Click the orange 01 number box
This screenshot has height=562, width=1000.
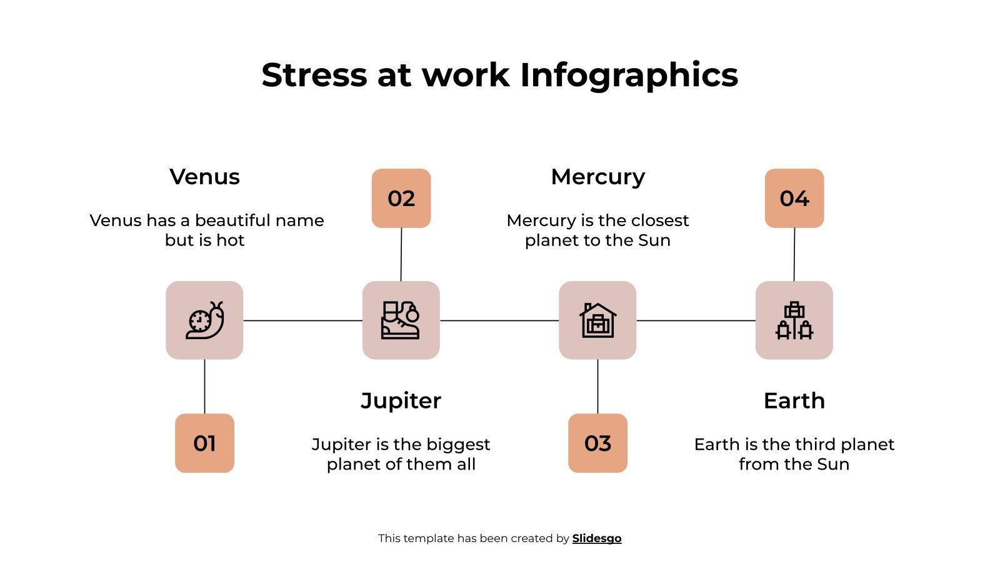(204, 443)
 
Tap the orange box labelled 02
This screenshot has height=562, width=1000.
(401, 198)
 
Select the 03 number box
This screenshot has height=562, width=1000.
(597, 443)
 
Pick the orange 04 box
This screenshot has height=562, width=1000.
(794, 198)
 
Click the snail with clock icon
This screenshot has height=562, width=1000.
(204, 320)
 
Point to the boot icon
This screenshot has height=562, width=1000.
(401, 320)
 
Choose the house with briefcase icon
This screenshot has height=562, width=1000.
(597, 320)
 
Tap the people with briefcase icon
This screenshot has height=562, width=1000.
(794, 320)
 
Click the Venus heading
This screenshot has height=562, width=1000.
(204, 177)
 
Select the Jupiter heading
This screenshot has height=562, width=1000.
(401, 400)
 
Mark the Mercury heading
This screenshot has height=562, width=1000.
(597, 177)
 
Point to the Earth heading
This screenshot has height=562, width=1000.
(794, 400)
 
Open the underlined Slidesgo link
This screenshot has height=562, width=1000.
(597, 538)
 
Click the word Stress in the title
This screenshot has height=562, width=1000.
(314, 75)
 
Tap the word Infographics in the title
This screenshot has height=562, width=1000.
(629, 75)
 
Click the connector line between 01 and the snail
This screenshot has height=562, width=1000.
(204, 386)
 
